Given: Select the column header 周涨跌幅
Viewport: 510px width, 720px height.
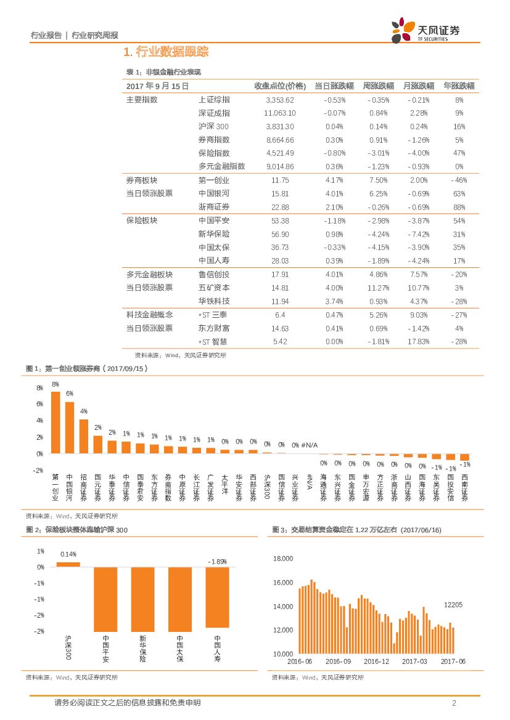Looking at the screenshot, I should point(375,86).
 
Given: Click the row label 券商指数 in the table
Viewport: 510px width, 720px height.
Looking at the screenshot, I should point(214,140).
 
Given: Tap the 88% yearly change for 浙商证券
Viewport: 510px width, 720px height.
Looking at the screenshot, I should point(459,207).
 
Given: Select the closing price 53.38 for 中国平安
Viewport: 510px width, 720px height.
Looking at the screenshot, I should point(280,220).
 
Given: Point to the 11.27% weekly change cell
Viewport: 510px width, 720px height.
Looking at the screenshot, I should point(377,288).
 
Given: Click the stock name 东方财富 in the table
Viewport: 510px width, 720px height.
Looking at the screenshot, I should point(214,328).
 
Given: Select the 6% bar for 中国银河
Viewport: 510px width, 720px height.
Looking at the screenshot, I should point(70,427).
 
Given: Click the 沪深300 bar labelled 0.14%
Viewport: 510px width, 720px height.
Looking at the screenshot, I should point(68,564).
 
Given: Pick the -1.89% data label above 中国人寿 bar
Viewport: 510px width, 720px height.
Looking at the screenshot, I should point(217,561).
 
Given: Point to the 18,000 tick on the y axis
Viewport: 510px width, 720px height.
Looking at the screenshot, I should point(282,559).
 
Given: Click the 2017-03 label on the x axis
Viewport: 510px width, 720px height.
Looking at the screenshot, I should point(414,661).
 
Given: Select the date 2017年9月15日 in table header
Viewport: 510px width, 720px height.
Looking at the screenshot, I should point(157,86).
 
